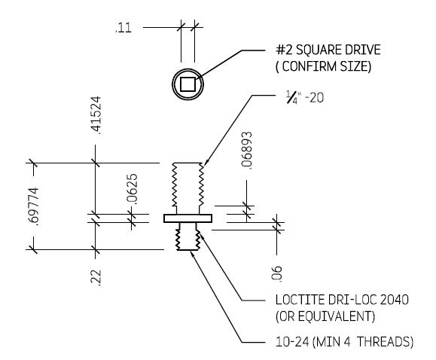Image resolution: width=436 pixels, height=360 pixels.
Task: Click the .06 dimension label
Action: (x=276, y=272)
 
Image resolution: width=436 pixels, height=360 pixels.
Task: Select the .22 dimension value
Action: (x=96, y=278)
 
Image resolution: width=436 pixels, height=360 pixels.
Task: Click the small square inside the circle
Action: (x=188, y=84)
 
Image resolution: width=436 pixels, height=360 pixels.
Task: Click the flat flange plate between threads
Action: (x=188, y=218)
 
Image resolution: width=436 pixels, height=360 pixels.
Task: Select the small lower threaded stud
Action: (x=188, y=236)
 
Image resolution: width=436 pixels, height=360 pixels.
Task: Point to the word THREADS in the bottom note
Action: (x=384, y=343)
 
